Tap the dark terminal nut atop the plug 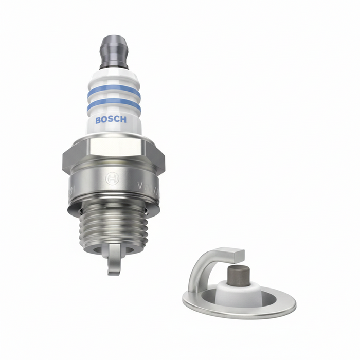pyautogui.click(x=114, y=49)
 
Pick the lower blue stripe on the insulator pyautogui.click(x=114, y=104)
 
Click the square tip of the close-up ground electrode pyautogui.click(x=234, y=254)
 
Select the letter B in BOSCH pyautogui.click(x=98, y=120)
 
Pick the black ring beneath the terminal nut pyautogui.click(x=114, y=66)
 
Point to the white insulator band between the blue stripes pyautogui.click(x=114, y=98)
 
